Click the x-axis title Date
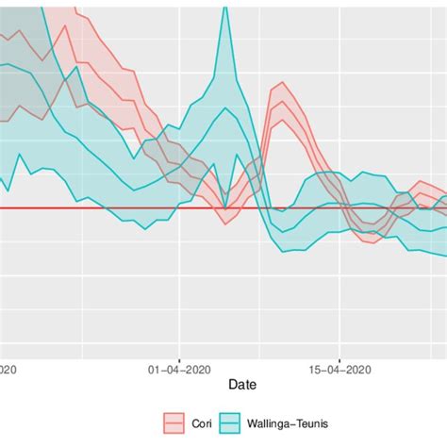(x=244, y=385)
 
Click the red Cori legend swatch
(x=174, y=421)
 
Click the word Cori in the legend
(x=199, y=422)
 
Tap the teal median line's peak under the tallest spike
(x=225, y=108)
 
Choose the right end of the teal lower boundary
(x=445, y=256)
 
